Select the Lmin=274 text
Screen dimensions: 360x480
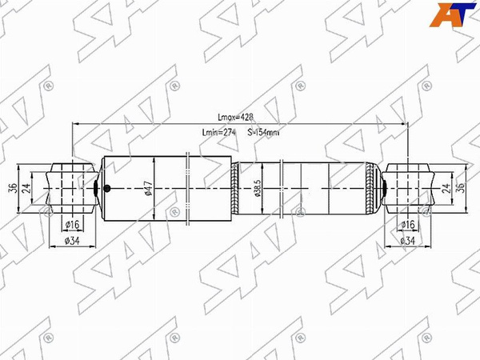coord(219,133)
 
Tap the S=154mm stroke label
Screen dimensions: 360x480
coord(263,133)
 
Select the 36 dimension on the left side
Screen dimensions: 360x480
coord(12,188)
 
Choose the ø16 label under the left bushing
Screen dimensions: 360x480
coord(70,224)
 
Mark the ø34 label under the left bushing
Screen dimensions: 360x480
coord(70,240)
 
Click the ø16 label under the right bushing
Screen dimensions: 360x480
coord(406,224)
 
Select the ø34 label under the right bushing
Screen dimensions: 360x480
coord(406,240)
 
